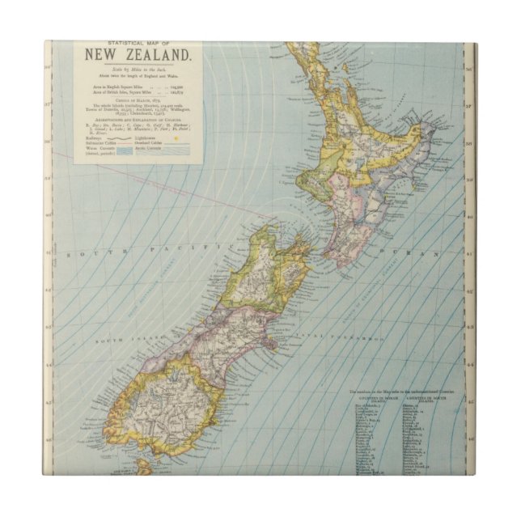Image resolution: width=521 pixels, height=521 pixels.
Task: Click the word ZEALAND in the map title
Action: [x=156, y=57]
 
